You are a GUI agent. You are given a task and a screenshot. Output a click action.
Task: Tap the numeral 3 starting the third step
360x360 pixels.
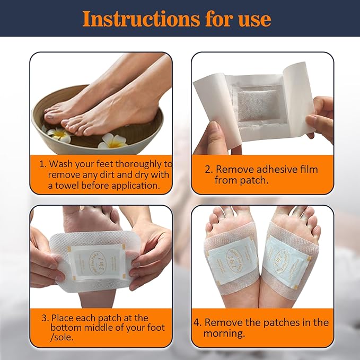(x=45, y=318)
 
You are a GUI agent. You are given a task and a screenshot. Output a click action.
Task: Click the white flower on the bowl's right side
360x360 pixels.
(x=112, y=141)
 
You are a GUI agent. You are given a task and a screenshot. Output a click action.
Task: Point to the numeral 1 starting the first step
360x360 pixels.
(x=43, y=164)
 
